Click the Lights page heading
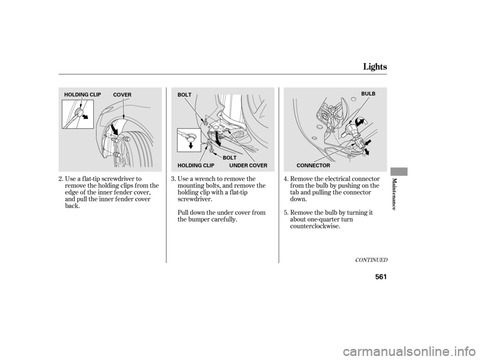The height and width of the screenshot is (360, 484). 375,67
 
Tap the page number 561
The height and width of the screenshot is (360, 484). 381,277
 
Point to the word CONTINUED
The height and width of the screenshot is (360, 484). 371,260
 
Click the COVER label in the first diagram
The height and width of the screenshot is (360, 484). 122,95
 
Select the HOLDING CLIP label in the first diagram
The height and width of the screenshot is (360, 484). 82,95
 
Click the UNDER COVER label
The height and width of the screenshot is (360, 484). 248,165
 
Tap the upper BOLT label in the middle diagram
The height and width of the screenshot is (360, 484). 185,95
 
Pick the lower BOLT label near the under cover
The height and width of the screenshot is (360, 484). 230,158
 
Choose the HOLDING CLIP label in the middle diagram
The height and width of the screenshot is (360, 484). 196,165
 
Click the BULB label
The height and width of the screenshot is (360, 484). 368,94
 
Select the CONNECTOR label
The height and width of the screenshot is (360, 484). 313,165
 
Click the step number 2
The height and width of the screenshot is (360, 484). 61,179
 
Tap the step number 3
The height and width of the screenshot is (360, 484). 174,179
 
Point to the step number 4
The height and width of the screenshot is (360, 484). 286,179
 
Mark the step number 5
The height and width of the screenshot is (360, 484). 286,213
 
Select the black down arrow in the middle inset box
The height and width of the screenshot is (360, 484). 191,145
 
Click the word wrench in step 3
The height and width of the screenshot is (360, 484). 204,179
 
